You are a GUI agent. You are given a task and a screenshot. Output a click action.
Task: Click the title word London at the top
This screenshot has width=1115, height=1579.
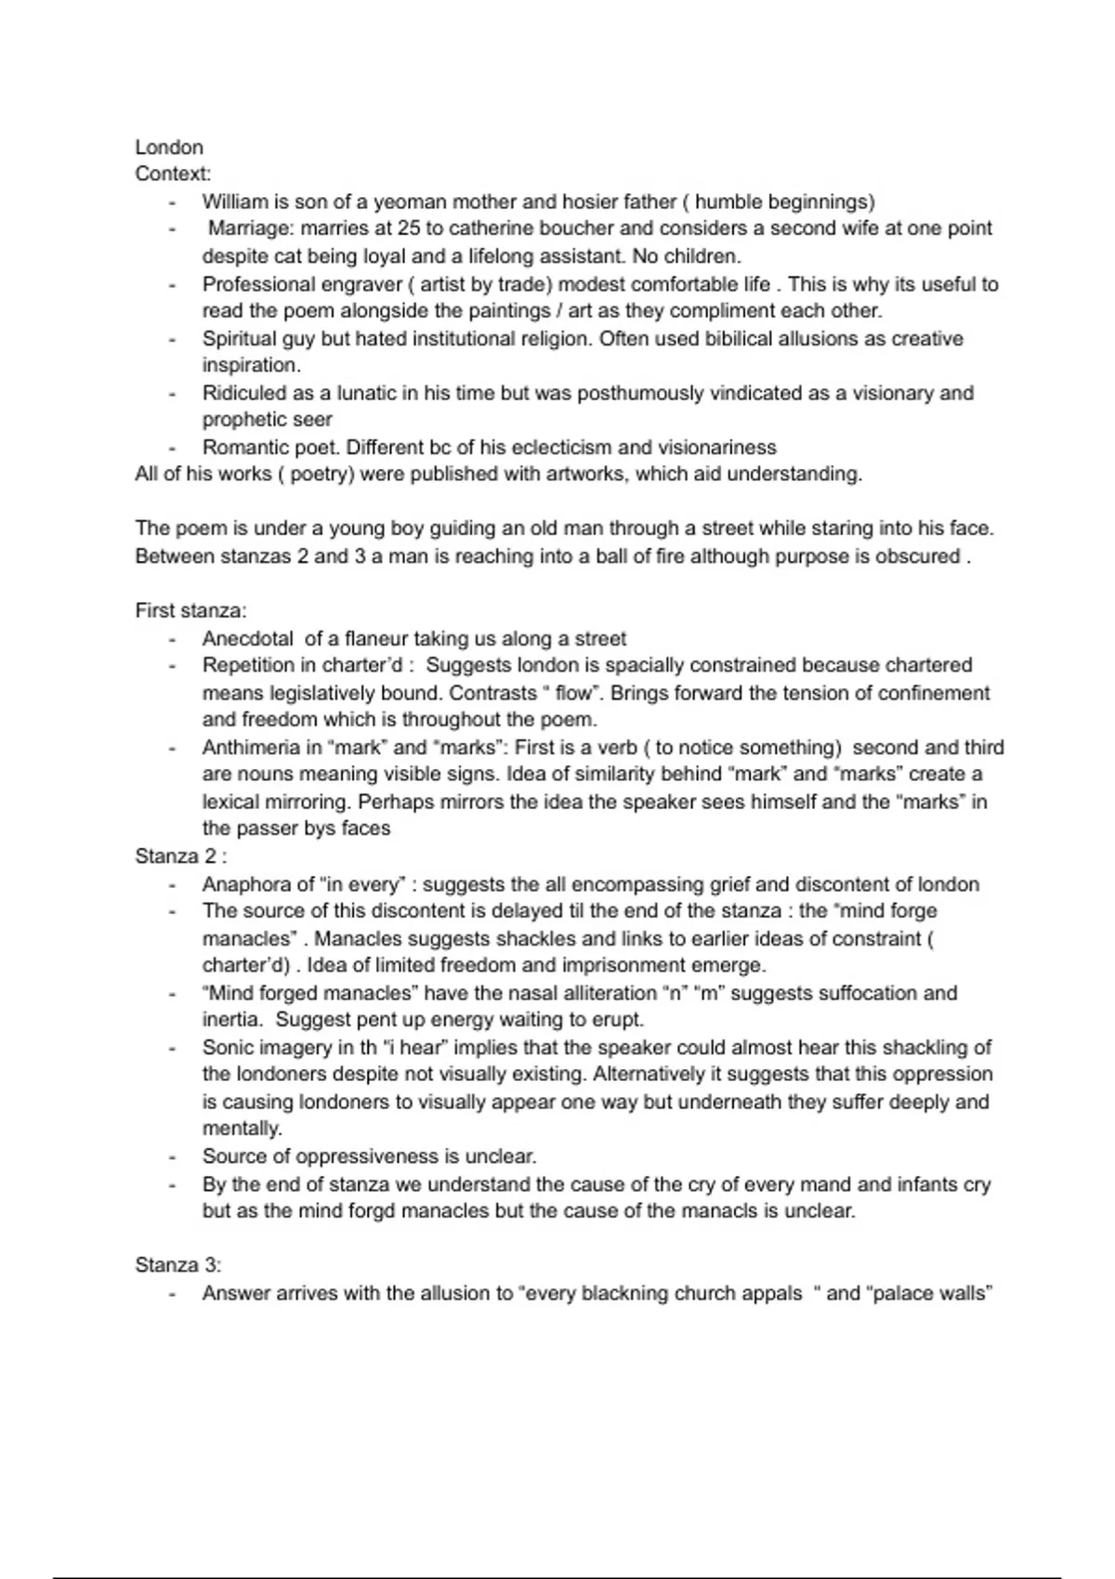point(168,147)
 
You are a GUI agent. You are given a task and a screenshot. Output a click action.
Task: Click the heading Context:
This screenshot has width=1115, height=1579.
point(173,174)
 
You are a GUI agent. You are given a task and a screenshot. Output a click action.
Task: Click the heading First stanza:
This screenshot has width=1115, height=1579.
point(190,611)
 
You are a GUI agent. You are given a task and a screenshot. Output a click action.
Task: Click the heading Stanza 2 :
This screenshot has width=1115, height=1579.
point(181,856)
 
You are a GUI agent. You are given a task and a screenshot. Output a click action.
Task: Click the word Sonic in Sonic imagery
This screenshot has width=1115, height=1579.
point(227,1048)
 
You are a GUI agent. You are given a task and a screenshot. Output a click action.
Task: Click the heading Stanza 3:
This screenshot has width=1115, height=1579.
point(177,1265)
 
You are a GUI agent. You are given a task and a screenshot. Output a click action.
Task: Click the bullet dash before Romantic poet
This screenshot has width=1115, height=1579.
point(172,448)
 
